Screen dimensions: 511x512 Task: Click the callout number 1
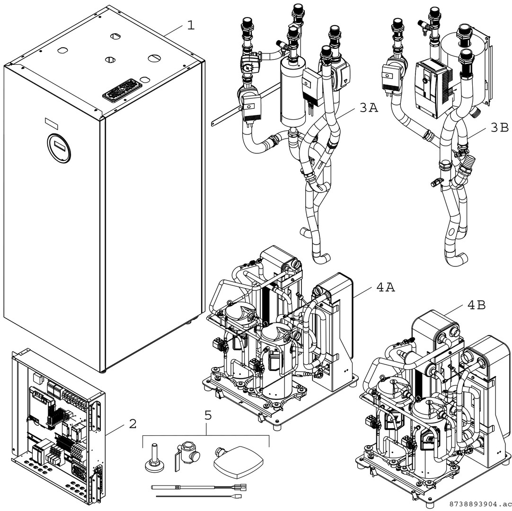tap(191, 25)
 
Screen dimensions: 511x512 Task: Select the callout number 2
tap(132, 423)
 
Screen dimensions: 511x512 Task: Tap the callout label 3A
tap(369, 108)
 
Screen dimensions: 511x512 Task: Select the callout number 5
tap(208, 417)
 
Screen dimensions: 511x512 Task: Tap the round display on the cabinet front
tap(59, 147)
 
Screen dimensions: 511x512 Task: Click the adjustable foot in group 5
tap(155, 458)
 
